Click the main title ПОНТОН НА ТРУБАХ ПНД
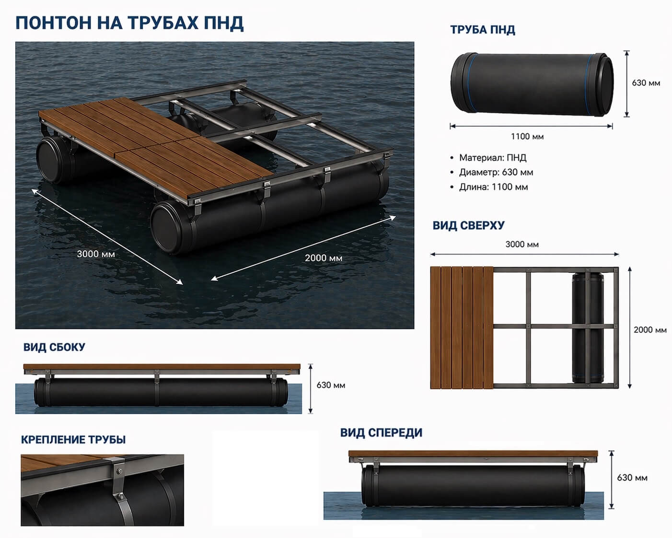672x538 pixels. click(x=129, y=23)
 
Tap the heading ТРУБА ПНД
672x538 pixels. click(x=483, y=30)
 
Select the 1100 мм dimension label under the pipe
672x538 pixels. click(x=527, y=137)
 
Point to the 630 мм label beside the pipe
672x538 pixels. click(x=646, y=83)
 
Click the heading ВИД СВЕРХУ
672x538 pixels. click(x=468, y=225)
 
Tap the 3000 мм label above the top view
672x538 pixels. click(x=522, y=245)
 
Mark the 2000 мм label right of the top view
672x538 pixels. click(x=650, y=329)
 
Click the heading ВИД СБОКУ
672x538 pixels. click(x=54, y=347)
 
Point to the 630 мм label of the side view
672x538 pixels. click(x=331, y=385)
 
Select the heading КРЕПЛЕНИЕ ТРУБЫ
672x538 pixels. click(x=73, y=440)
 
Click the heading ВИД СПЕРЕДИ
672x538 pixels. click(x=381, y=433)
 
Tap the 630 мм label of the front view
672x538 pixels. click(x=632, y=478)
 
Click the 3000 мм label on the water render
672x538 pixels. click(x=96, y=254)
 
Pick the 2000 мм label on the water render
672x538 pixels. click(x=324, y=258)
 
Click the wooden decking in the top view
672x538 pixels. click(x=462, y=327)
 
